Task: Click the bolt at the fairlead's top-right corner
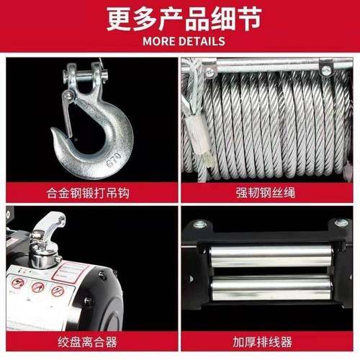click(342, 224)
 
